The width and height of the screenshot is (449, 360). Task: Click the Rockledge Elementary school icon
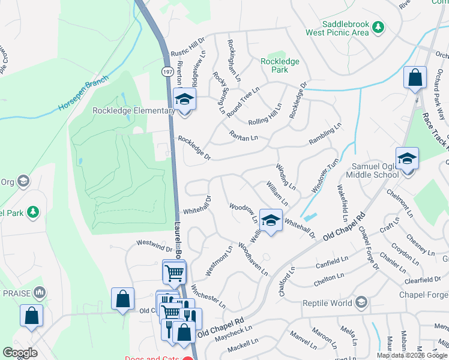coord(184,100)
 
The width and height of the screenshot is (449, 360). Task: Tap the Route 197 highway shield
coord(166,72)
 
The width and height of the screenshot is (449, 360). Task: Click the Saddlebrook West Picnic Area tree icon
coord(378,28)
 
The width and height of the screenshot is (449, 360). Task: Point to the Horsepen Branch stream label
coord(83,94)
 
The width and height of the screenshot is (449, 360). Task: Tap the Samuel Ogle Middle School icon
coord(407,159)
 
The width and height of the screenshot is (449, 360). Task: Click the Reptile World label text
coord(327,302)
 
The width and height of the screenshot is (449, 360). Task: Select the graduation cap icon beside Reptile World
coord(361,302)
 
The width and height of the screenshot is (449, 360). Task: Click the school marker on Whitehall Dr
coord(271,221)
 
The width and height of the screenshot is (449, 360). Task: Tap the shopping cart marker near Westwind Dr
coord(174,272)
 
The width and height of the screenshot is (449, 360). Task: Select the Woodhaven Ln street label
coord(253,259)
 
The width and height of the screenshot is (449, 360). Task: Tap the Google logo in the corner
coord(20,353)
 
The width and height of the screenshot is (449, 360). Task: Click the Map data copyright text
coord(412,355)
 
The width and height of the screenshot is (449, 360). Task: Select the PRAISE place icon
coord(40,293)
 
